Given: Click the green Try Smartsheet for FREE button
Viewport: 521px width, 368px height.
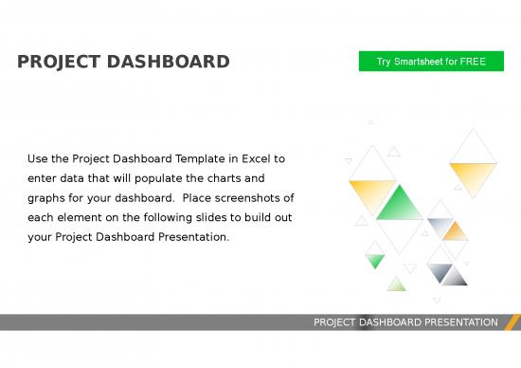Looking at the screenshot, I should [x=431, y=62].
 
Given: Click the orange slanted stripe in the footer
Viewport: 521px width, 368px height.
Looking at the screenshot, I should [x=512, y=322].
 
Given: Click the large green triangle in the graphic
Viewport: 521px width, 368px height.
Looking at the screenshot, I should [x=400, y=204].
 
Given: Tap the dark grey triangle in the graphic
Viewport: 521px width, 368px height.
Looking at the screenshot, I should [x=453, y=277].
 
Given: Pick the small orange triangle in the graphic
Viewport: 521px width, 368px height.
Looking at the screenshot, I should [x=457, y=231].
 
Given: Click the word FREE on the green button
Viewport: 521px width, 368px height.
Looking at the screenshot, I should [x=472, y=62].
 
